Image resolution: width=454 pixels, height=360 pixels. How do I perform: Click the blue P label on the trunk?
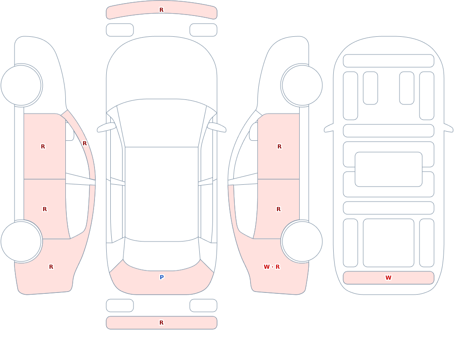pos(162,277)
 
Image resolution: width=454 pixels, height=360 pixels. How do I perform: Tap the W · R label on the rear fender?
pos(271,267)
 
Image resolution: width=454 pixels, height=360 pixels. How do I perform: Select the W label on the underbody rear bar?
pos(388,277)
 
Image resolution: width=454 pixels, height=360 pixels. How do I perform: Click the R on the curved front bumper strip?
pos(162,10)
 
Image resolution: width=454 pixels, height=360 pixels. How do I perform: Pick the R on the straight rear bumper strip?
pos(162,323)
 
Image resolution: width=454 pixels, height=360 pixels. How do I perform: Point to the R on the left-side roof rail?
pos(84,143)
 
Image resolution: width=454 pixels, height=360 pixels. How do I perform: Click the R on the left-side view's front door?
pos(43,147)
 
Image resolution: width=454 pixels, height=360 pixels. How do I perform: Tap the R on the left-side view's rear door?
pos(44,209)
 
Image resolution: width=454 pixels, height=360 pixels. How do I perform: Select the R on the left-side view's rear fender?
pos(51,267)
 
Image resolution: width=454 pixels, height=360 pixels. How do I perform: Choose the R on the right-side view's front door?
pos(279,147)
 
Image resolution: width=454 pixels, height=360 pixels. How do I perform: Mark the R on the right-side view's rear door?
pos(279,209)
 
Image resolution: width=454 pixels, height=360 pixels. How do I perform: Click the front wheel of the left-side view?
pos(21,85)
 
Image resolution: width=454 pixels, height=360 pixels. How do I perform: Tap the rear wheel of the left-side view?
pos(21,241)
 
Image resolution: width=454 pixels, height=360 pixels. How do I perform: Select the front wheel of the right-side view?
pos(302,85)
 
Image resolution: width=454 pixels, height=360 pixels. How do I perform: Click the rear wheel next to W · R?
pos(302,241)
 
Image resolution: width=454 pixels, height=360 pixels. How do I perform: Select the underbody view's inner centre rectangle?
pos(389,169)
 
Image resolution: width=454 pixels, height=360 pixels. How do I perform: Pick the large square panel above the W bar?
pos(389,243)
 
